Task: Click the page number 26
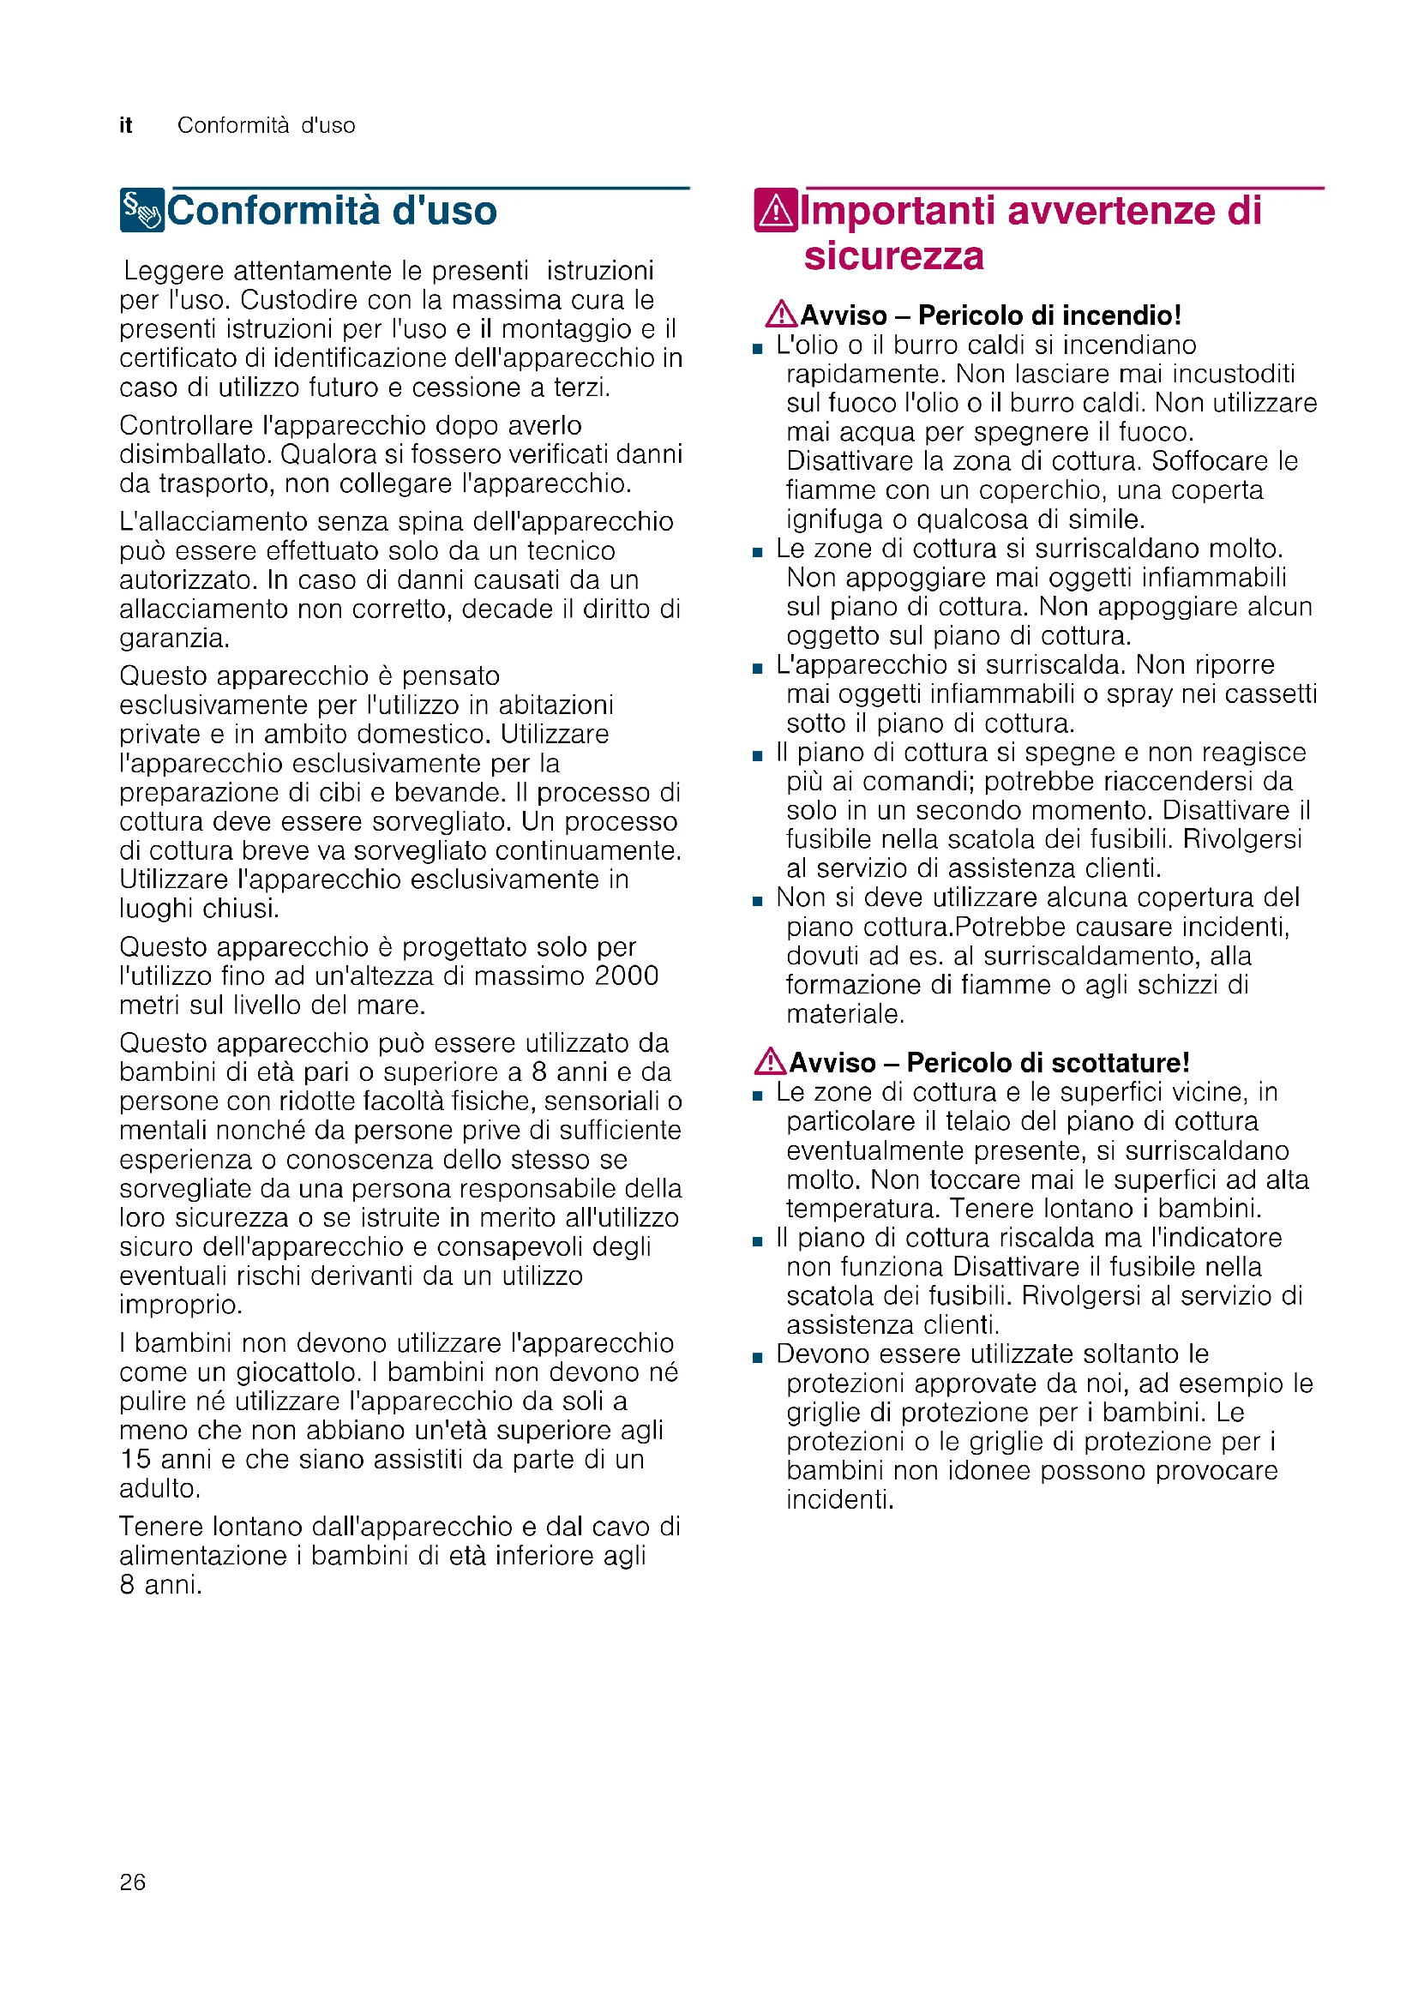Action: pos(133,1882)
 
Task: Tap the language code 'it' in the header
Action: pos(126,126)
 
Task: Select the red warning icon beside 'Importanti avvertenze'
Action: pos(775,211)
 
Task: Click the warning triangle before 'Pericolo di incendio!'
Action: pos(781,314)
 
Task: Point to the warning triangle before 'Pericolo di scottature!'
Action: pos(770,1061)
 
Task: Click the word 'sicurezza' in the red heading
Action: pos(893,255)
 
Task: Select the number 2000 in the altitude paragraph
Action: pos(625,975)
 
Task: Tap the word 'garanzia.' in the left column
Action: pos(175,639)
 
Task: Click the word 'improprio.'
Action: pos(181,1305)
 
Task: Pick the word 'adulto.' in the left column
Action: pos(159,1488)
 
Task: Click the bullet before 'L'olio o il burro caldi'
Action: pos(757,348)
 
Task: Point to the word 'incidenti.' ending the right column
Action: pos(840,1500)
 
